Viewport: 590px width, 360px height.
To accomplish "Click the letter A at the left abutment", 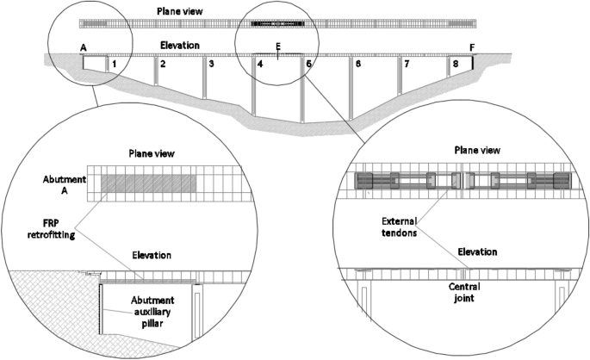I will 83,47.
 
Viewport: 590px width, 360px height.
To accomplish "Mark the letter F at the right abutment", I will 471,47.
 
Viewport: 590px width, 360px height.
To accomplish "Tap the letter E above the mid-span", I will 277,47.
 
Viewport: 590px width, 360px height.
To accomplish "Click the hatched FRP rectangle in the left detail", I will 146,183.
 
